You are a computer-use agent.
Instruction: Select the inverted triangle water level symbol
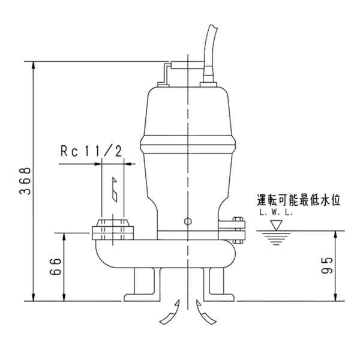pos(276,225)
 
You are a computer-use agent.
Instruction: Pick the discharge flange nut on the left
pos(112,231)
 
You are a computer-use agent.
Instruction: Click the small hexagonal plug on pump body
pos(188,222)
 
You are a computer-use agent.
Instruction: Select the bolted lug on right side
pos(238,229)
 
